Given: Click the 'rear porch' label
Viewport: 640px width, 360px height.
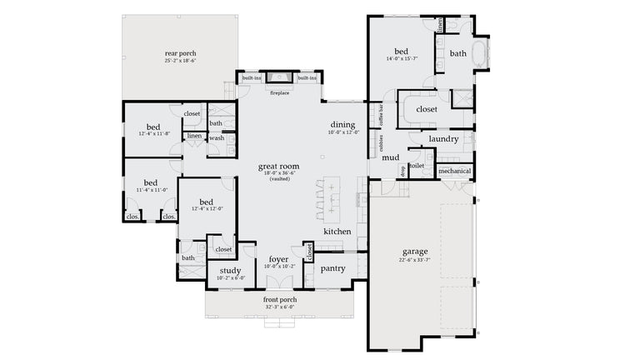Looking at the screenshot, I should (x=181, y=53).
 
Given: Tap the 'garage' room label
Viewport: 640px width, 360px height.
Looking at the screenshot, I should (x=414, y=251).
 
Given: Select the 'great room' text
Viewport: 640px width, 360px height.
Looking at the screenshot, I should (x=278, y=167).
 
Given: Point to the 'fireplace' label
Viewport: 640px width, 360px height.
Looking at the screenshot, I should (x=279, y=92).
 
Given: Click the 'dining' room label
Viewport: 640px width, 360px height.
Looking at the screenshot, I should (x=342, y=124).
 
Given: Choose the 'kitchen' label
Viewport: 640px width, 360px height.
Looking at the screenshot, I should (x=337, y=231).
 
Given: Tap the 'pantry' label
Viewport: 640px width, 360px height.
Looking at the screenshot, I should (x=332, y=268).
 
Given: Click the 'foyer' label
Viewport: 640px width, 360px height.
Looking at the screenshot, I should (x=278, y=259).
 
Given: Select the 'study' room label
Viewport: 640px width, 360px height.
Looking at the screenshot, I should (x=231, y=271).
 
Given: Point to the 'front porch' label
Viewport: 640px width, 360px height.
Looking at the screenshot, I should (x=279, y=299).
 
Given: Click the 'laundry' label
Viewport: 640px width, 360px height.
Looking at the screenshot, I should (x=443, y=138).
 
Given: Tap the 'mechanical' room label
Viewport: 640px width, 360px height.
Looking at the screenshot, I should (x=454, y=171).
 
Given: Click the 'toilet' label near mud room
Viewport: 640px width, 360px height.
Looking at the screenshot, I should (x=417, y=166).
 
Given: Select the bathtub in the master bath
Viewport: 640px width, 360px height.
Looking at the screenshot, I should (x=482, y=54).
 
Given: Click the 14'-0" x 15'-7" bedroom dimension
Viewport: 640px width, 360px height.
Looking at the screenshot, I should (x=401, y=59).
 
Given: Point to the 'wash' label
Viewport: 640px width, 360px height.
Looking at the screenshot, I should (x=217, y=138).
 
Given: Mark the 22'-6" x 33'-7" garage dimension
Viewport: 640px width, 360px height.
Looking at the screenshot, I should (x=414, y=260).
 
